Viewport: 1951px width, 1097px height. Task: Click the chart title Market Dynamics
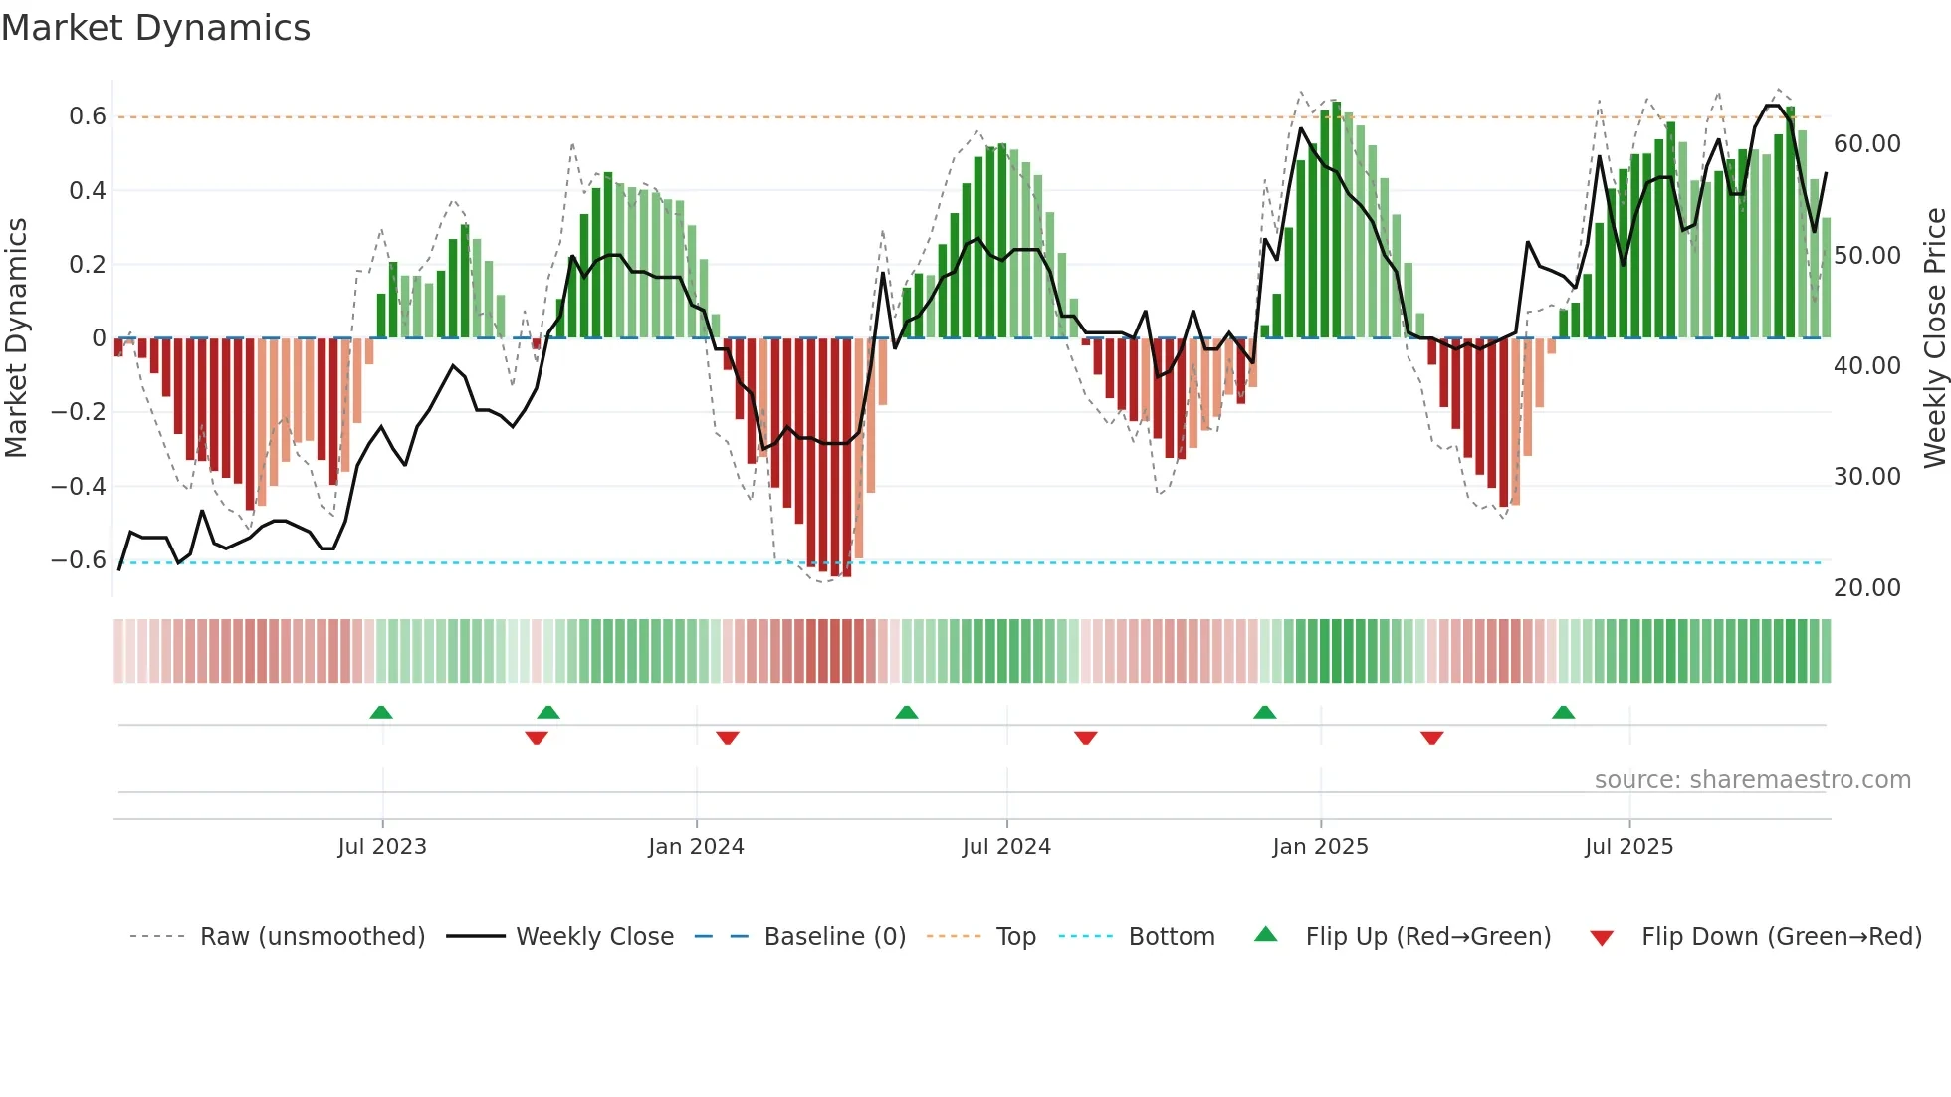pyautogui.click(x=155, y=28)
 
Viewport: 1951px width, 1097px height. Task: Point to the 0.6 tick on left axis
pyautogui.click(x=88, y=116)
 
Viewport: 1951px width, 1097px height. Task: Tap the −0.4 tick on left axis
pyautogui.click(x=79, y=486)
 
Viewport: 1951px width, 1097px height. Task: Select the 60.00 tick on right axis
pyautogui.click(x=1866, y=144)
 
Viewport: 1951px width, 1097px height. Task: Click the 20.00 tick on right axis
pyautogui.click(x=1866, y=588)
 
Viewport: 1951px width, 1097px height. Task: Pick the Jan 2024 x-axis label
pyautogui.click(x=696, y=846)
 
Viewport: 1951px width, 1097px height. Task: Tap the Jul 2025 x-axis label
pyautogui.click(x=1628, y=846)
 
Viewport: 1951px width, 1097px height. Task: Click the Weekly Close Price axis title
pyautogui.click(x=1934, y=338)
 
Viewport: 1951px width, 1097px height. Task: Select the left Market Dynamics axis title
pyautogui.click(x=16, y=338)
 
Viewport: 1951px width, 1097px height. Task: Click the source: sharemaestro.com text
pyautogui.click(x=1752, y=780)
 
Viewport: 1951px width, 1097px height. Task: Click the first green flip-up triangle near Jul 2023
pyautogui.click(x=381, y=713)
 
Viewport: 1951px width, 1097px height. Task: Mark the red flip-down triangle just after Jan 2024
pyautogui.click(x=728, y=737)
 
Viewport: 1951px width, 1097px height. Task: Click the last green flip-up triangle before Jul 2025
pyautogui.click(x=1563, y=713)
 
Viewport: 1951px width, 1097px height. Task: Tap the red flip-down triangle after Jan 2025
pyautogui.click(x=1432, y=737)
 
